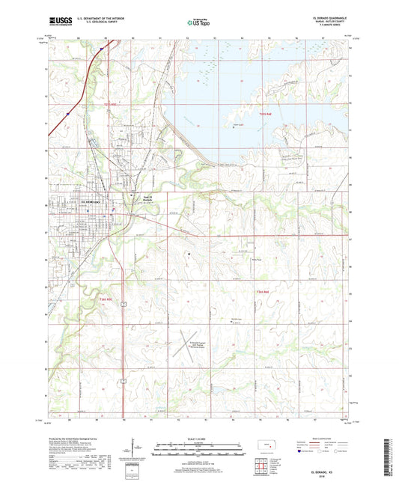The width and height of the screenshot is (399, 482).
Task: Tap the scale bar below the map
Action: [198, 446]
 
